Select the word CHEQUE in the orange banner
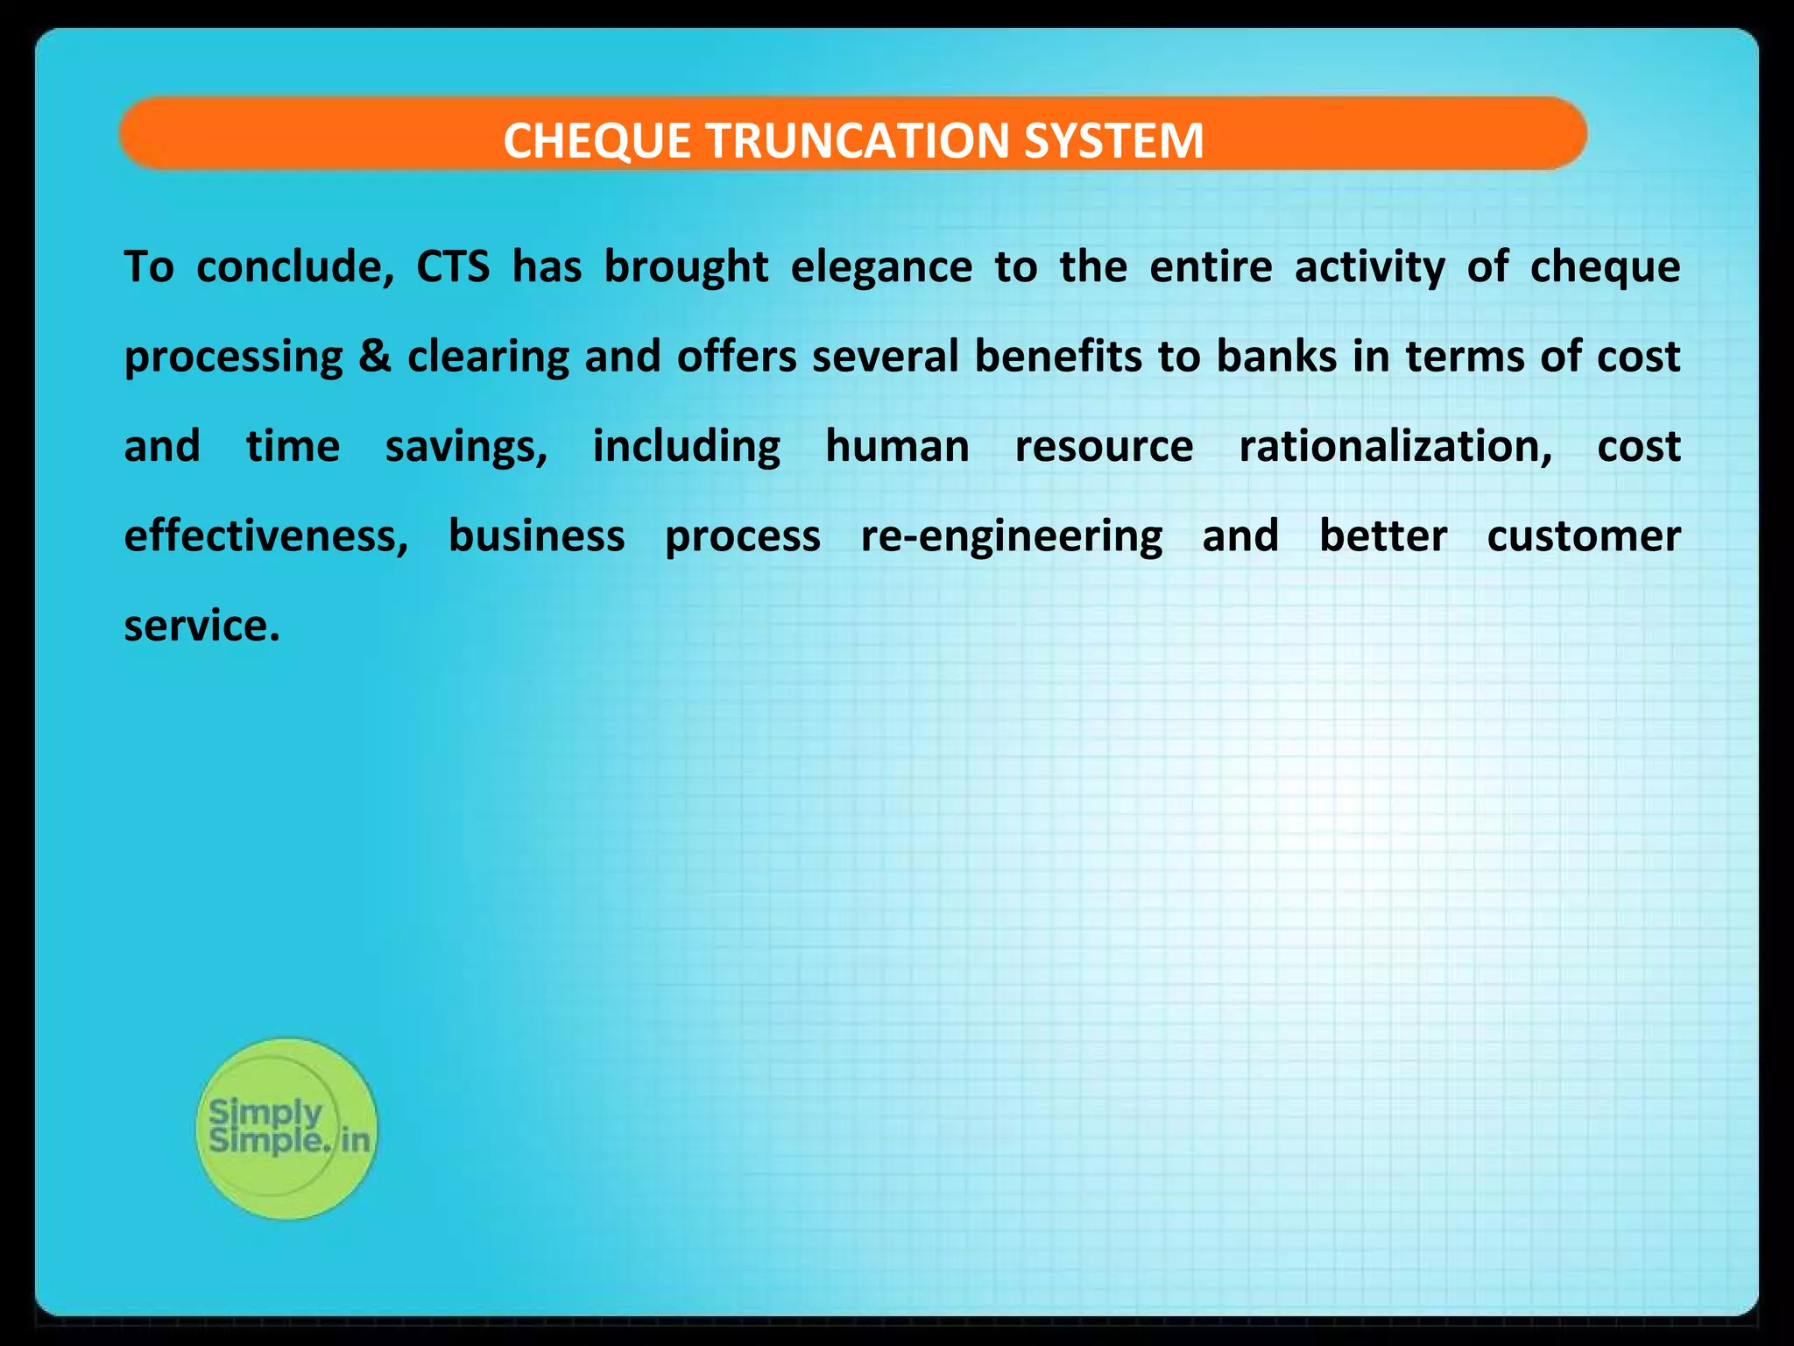coord(597,140)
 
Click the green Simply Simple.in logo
coord(286,1129)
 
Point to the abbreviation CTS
coord(452,266)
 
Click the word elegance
coord(881,268)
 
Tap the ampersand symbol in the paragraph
coord(375,357)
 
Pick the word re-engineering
coord(1012,536)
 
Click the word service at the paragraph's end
coord(201,626)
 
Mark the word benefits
coord(1058,357)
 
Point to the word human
coord(897,446)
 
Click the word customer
coord(1584,536)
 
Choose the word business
coord(536,536)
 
